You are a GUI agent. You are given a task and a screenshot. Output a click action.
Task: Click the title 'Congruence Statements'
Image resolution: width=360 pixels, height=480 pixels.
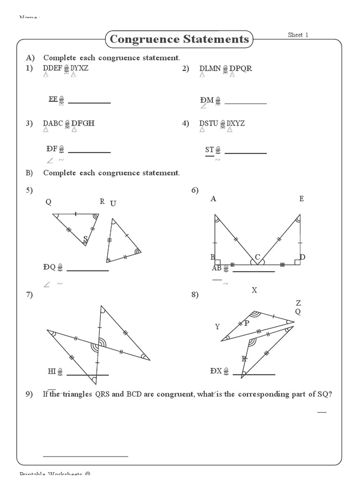[x=179, y=39]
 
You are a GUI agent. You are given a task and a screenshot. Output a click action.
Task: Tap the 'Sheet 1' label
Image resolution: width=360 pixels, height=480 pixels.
[x=298, y=35]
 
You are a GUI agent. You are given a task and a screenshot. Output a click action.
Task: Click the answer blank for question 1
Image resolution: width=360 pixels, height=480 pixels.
[x=90, y=102]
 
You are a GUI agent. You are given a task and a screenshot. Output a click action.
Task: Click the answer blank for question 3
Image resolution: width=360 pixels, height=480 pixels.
[x=90, y=152]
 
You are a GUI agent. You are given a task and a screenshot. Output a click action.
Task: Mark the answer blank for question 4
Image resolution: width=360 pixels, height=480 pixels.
[x=246, y=153]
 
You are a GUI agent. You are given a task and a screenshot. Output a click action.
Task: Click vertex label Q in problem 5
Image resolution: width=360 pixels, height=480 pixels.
[x=48, y=202]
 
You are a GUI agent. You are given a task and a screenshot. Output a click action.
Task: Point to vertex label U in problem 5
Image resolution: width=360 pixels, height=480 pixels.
[x=112, y=203]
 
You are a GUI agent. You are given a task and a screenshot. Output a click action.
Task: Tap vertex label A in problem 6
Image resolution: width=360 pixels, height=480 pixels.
[x=213, y=199]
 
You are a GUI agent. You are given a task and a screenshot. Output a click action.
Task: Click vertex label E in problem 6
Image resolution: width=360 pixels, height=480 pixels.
[x=301, y=199]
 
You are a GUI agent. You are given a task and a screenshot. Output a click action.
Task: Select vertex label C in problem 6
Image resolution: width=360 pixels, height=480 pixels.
[x=257, y=257]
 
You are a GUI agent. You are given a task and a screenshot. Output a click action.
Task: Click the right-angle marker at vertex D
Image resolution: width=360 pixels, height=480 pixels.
[x=297, y=262]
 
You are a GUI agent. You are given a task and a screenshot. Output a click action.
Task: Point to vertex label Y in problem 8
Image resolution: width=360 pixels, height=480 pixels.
[x=217, y=327]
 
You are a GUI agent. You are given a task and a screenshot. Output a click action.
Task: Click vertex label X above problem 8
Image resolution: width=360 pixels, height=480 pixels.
[x=255, y=290]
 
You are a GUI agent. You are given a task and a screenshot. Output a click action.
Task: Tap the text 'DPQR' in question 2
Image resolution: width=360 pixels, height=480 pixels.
[x=240, y=68]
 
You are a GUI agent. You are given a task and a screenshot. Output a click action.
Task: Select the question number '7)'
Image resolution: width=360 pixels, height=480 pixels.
[x=29, y=294]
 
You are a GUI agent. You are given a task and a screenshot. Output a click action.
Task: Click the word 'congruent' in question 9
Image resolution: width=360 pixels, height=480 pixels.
[x=173, y=394]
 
